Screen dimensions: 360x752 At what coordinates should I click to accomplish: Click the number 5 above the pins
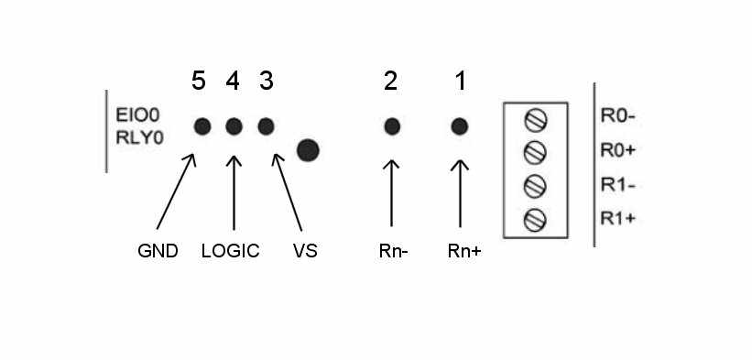[x=199, y=82]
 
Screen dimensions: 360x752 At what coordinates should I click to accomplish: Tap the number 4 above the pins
[x=233, y=82]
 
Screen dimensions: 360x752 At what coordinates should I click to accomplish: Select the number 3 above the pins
[x=267, y=82]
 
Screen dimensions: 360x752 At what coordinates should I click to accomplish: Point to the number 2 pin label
[x=391, y=82]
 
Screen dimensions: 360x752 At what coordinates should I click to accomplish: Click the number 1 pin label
[x=461, y=82]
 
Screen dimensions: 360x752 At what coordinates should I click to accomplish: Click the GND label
[x=158, y=250]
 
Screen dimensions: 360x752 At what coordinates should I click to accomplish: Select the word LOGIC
[x=230, y=250]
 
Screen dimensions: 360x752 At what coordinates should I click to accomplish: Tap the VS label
[x=304, y=250]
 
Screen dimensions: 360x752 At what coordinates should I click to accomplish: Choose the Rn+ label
[x=464, y=250]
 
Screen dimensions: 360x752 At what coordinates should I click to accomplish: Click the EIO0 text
[x=137, y=117]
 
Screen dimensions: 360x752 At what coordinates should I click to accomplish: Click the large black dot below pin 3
[x=308, y=149]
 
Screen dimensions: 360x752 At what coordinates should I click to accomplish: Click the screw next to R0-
[x=537, y=118]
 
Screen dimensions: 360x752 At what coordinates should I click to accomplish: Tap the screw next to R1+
[x=537, y=219]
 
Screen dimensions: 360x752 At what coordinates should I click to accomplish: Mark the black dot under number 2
[x=392, y=125]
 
